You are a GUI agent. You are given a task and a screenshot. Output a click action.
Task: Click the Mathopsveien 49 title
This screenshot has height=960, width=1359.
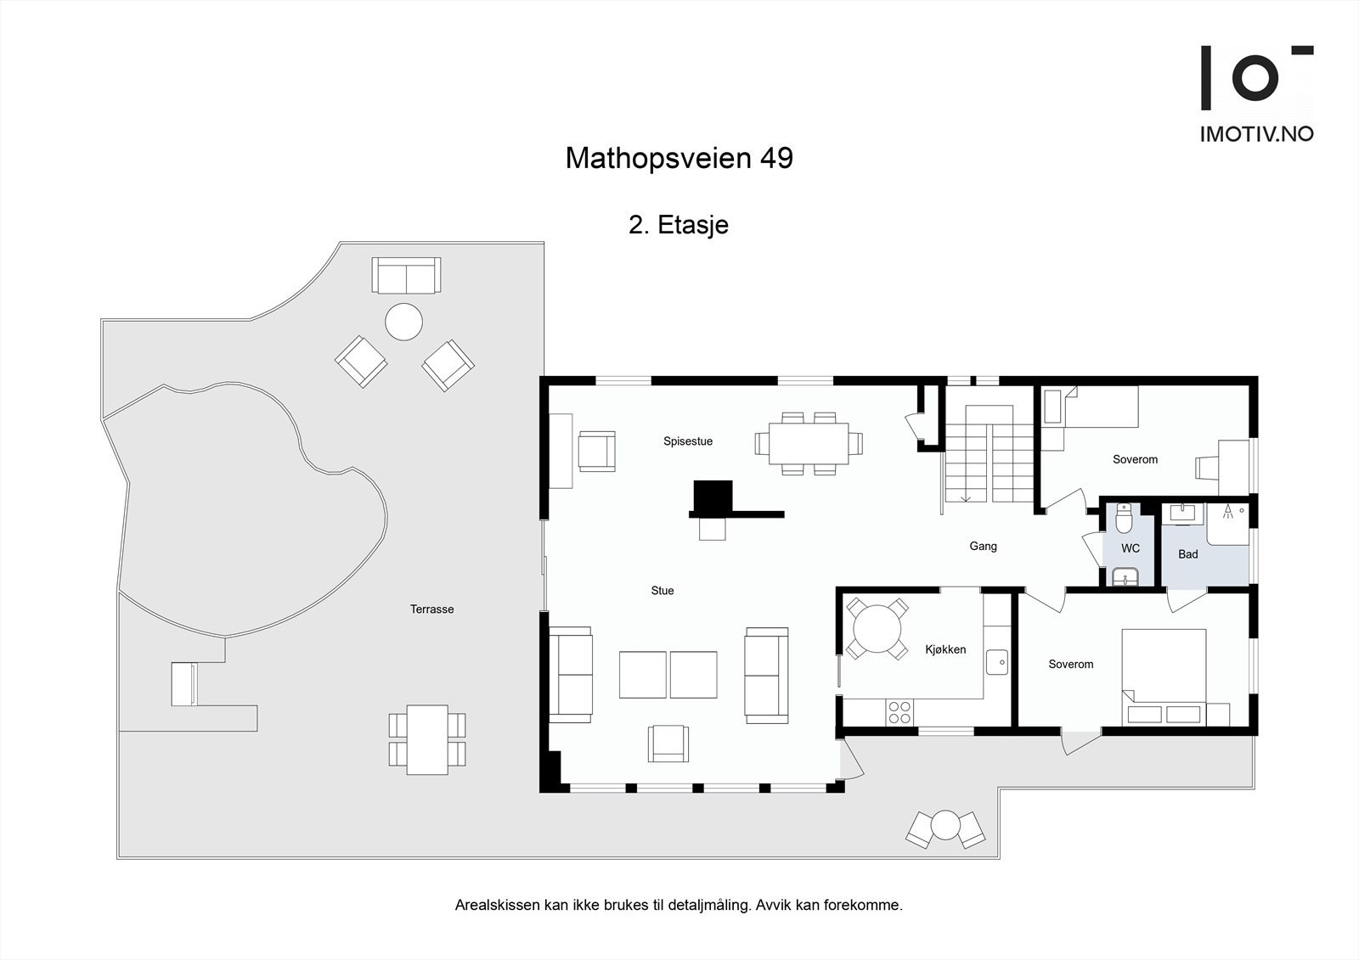(679, 159)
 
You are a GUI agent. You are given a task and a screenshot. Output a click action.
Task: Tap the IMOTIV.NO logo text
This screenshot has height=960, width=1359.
(1256, 133)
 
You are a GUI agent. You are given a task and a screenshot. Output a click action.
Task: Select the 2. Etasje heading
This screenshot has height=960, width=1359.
(678, 225)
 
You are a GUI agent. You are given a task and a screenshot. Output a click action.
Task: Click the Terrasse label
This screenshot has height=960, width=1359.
(431, 609)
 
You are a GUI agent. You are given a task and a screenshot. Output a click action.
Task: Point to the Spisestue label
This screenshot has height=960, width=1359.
(688, 441)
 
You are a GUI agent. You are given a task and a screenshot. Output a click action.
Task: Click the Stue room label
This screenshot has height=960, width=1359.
(663, 591)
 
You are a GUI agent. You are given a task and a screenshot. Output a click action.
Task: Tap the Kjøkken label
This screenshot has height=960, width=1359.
(945, 649)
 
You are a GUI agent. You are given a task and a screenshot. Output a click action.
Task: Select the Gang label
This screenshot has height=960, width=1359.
(983, 547)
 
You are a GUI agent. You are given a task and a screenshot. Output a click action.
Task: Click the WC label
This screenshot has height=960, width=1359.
(1130, 549)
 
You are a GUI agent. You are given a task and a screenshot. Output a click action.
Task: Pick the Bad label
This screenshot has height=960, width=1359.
(1187, 554)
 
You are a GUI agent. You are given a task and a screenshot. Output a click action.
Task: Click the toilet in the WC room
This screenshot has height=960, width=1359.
(1125, 517)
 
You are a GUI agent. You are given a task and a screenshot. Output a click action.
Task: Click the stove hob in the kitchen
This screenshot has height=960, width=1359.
(899, 712)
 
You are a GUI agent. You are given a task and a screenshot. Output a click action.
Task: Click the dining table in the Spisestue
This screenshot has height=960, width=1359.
(809, 443)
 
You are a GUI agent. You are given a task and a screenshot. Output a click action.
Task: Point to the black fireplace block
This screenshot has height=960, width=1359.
(713, 497)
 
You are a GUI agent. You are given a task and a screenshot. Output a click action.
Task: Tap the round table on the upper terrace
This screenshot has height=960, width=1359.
(403, 323)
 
